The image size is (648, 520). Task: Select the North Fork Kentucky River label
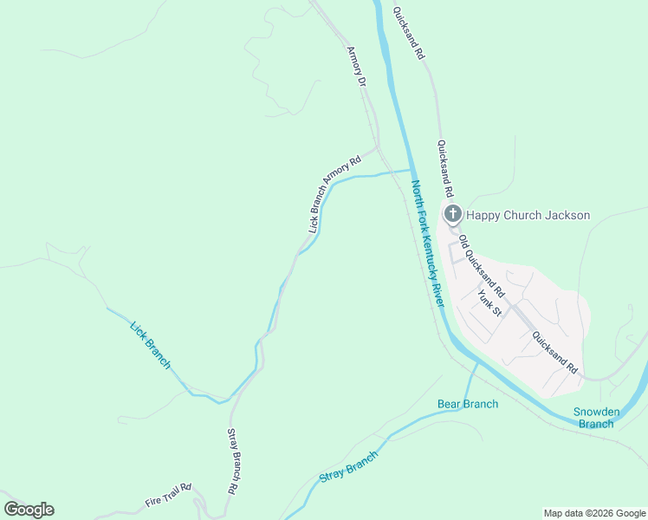coord(428,244)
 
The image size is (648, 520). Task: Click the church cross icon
coord(451,214)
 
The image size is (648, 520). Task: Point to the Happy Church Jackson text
coord(528,215)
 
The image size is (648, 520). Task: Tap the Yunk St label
coord(489,302)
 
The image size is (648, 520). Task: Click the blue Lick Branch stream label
coord(150,345)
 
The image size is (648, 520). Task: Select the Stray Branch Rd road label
coord(232,460)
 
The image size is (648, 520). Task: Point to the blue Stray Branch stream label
coord(349,466)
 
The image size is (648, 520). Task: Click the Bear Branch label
coord(468,404)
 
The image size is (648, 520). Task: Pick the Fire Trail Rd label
coord(167,497)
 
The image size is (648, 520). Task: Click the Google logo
coord(29,510)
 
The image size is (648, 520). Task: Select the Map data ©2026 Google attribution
coord(594,513)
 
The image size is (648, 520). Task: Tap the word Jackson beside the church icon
coord(568,215)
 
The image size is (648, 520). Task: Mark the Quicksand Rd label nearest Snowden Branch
coord(554,353)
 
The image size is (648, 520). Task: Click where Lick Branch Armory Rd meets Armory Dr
coord(377,149)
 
